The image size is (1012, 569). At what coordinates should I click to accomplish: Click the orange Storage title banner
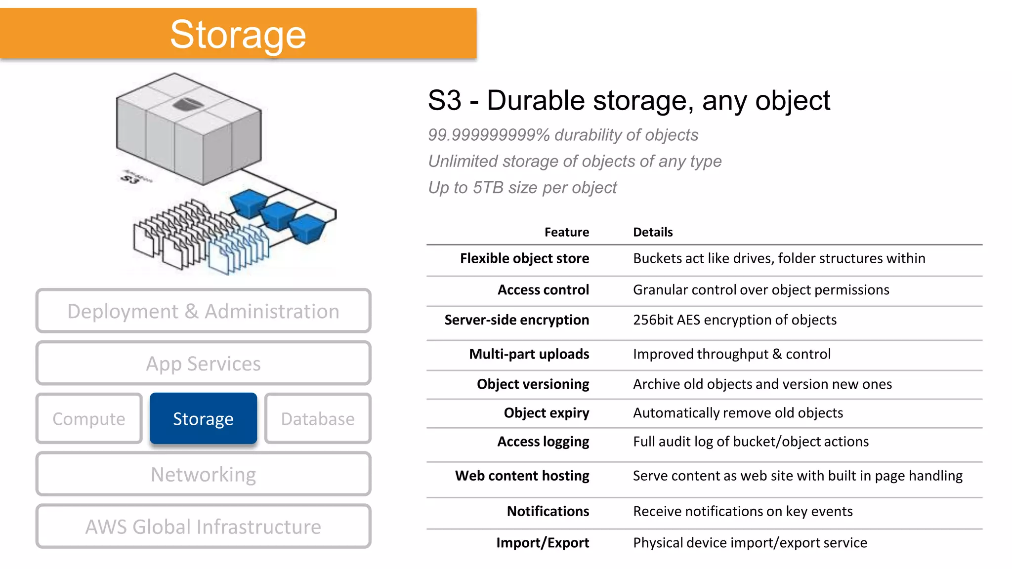click(238, 34)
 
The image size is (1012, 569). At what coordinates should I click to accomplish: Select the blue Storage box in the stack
click(203, 418)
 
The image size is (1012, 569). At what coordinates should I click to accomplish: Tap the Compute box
click(89, 418)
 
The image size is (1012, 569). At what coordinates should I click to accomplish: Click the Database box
click(318, 418)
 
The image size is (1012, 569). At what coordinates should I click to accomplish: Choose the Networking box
click(203, 474)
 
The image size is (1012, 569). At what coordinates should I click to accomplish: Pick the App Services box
click(203, 364)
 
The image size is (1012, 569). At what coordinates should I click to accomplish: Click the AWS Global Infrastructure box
click(203, 527)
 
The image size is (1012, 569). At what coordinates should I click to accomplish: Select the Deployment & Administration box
click(203, 311)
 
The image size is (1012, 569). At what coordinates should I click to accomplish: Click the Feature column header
click(566, 232)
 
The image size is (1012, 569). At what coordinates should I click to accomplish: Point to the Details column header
click(653, 232)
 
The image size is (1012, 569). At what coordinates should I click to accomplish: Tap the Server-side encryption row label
click(516, 320)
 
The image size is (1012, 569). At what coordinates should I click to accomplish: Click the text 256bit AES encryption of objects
click(735, 320)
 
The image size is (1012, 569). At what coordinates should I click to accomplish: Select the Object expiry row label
click(546, 413)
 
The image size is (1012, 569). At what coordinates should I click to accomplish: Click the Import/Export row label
click(543, 543)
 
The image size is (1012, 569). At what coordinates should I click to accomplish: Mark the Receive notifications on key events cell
click(743, 511)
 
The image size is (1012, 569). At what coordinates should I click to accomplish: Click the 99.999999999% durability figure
click(488, 135)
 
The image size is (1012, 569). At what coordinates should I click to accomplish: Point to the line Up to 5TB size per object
click(522, 188)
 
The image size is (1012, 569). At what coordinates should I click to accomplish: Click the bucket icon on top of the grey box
click(187, 105)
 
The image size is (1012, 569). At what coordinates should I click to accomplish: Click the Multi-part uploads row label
click(529, 354)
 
